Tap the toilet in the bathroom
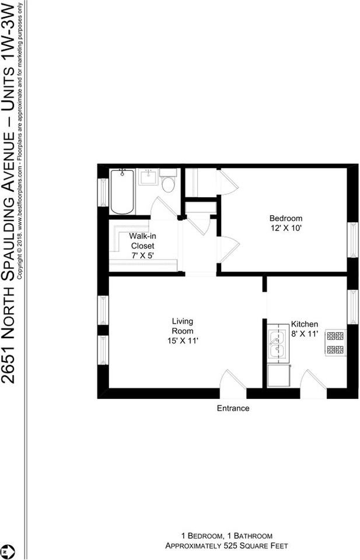pos(168,183)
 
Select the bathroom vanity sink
pos(148,177)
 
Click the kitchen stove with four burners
pos(335,343)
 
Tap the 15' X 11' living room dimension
pos(182,339)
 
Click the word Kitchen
pos(305,324)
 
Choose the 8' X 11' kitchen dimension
pos(305,334)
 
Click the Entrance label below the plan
pos(233,408)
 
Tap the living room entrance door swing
pos(232,385)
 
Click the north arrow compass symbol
pos(7,551)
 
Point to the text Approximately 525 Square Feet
pos(226,546)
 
